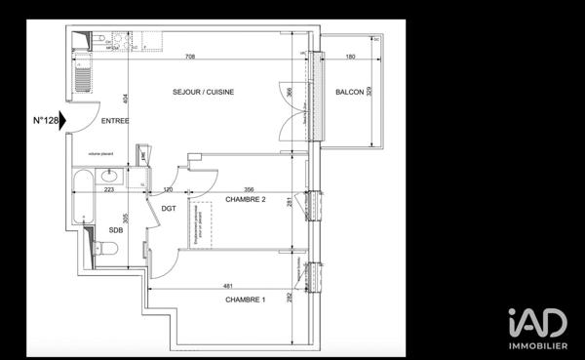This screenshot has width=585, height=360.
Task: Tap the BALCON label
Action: tap(350, 93)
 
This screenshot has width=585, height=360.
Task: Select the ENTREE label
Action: tap(115, 121)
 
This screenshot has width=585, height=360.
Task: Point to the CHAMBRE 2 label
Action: tap(247, 200)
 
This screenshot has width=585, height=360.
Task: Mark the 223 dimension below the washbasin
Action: tap(109, 190)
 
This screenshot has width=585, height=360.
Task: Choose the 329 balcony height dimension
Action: tap(369, 94)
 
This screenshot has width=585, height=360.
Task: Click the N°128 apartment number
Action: tap(46, 121)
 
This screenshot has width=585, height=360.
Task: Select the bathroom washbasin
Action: tap(109, 176)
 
